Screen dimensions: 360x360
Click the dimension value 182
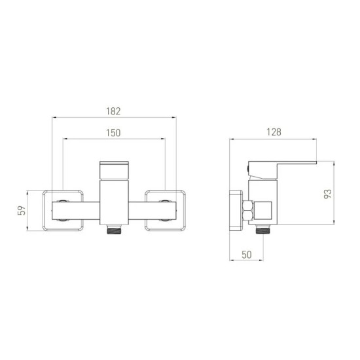coord(113,111)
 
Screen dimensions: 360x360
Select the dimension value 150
coord(113,133)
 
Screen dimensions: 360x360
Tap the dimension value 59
coord(22,210)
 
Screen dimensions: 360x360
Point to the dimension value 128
coord(274,132)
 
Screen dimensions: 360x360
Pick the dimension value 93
coord(328,194)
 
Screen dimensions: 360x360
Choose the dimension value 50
coord(247,255)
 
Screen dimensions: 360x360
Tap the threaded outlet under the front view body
coord(114,230)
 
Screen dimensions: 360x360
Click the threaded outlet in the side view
coord(263,229)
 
